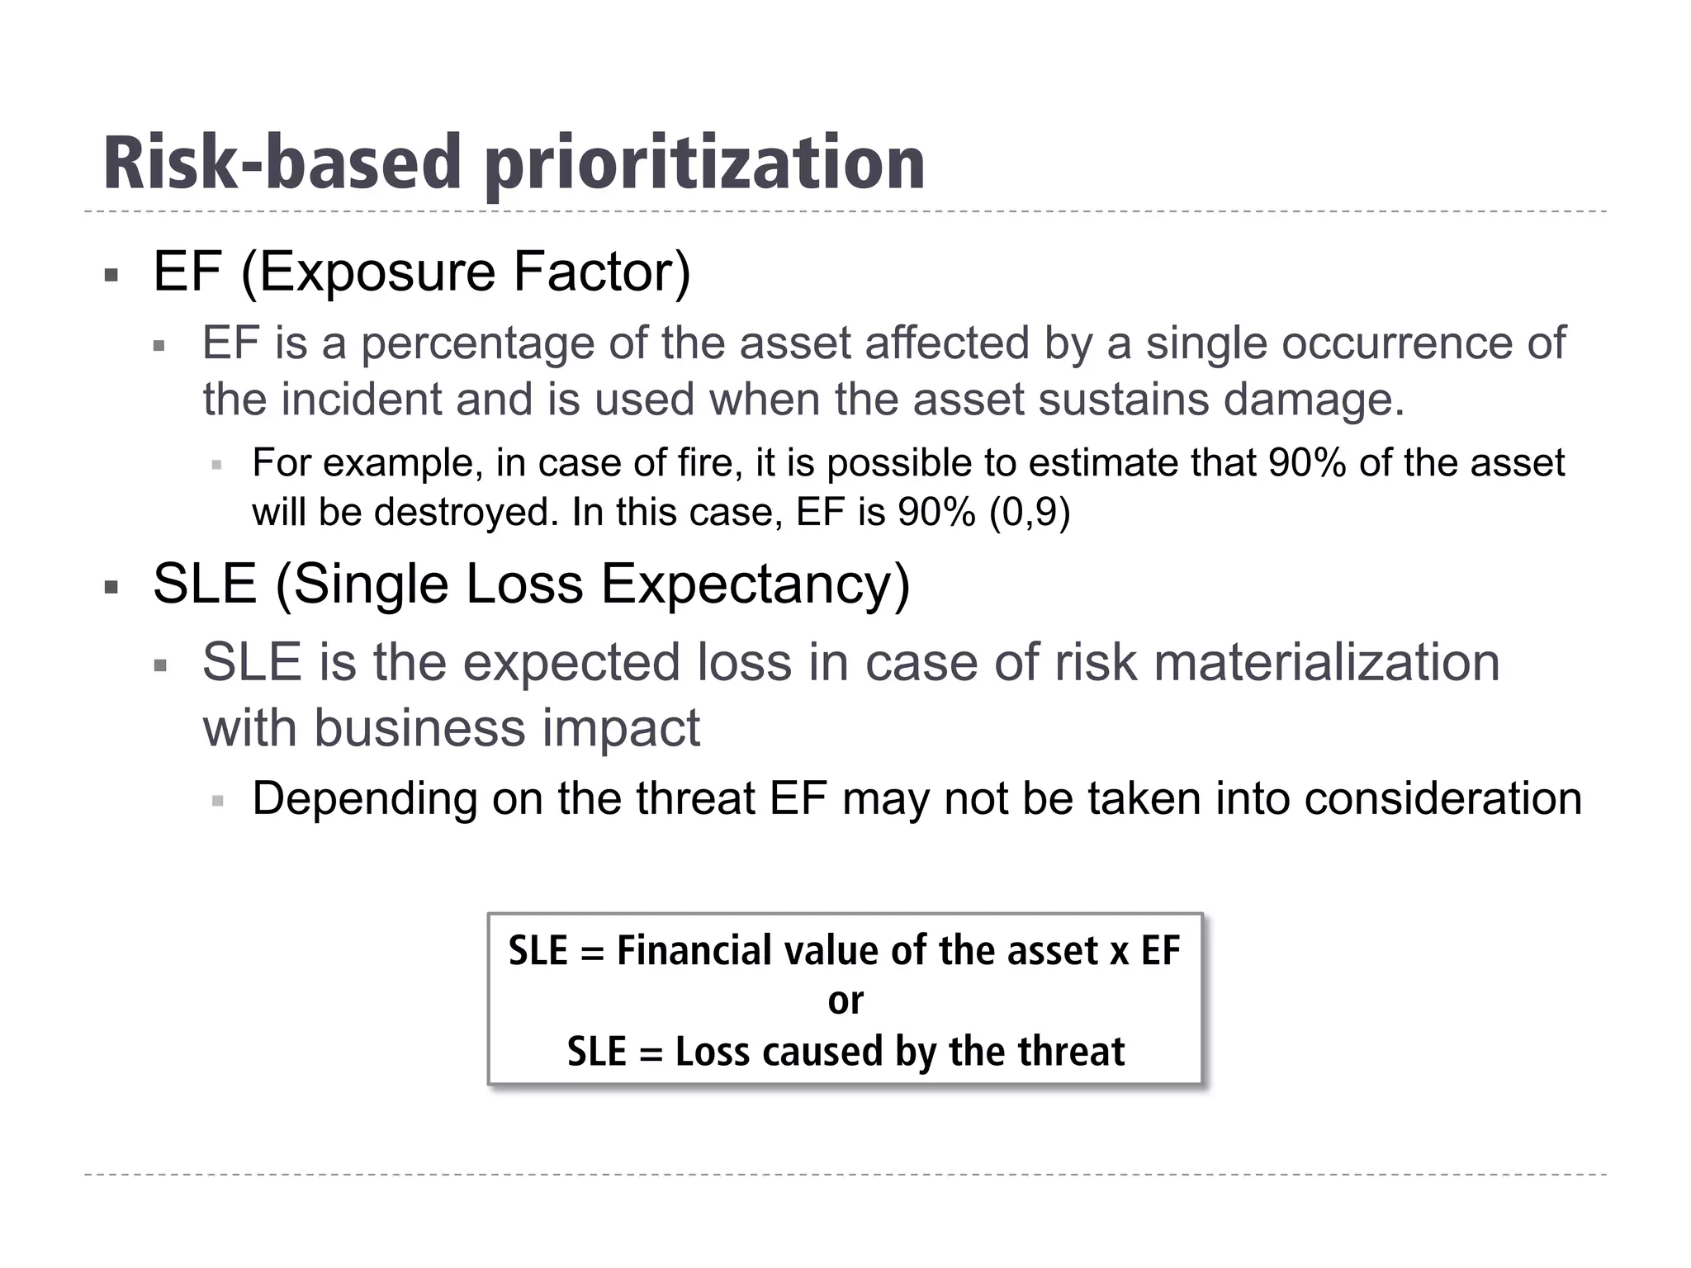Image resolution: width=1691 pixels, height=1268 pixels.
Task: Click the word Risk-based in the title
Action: click(282, 163)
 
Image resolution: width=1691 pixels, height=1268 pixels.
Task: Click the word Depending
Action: click(364, 799)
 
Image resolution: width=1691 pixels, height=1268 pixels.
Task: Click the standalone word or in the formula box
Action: click(845, 1001)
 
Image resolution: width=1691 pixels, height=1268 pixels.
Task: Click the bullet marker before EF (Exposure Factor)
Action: click(111, 274)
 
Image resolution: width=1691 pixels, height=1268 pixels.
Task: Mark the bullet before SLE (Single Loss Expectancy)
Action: click(111, 587)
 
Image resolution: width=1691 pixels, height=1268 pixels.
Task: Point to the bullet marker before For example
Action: click(217, 465)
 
